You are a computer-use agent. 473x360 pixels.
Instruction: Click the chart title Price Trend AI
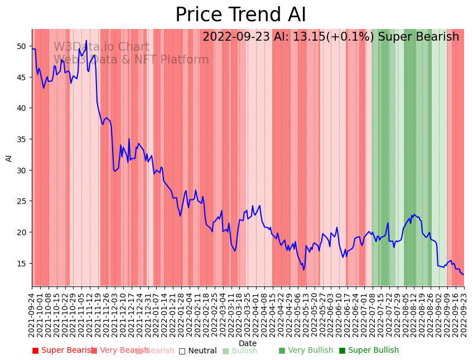click(x=240, y=15)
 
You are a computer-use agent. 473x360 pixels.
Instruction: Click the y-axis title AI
click(x=9, y=158)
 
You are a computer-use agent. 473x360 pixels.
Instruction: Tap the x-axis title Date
click(x=248, y=343)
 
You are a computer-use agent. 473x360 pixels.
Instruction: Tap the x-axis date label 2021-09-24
click(x=32, y=313)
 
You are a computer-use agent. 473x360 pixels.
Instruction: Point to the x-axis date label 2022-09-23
click(x=464, y=313)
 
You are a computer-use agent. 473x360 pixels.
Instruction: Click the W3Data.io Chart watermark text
click(x=102, y=47)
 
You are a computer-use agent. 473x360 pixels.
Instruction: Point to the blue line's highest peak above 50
click(x=86, y=41)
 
